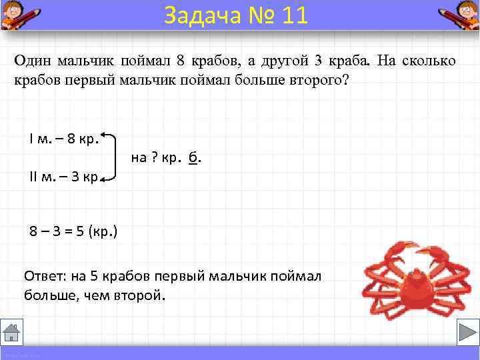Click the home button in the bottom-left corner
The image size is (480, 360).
click(12, 332)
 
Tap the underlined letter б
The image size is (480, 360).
click(193, 159)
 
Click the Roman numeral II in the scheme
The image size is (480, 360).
click(35, 178)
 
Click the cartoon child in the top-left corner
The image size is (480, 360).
click(16, 15)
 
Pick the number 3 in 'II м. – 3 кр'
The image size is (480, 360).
click(75, 178)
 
